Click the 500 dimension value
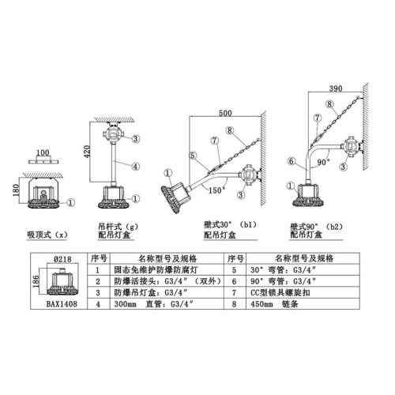pyautogui.click(x=225, y=113)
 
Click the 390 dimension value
pyautogui.click(x=336, y=88)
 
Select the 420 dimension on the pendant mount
pyautogui.click(x=87, y=152)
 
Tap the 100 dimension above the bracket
pyautogui.click(x=43, y=152)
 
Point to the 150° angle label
pyautogui.click(x=217, y=190)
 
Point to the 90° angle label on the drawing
pyautogui.click(x=323, y=162)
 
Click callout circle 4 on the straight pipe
pyautogui.click(x=136, y=167)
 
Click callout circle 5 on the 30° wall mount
pyautogui.click(x=193, y=156)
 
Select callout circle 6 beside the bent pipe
pyautogui.click(x=291, y=161)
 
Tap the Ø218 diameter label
pyautogui.click(x=62, y=259)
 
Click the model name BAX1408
pyautogui.click(x=62, y=304)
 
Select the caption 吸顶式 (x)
pyautogui.click(x=47, y=235)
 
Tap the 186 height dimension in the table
pyautogui.click(x=36, y=281)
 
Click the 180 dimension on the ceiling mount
pyautogui.click(x=16, y=190)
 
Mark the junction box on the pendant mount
pyautogui.click(x=113, y=135)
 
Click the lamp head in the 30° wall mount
pyautogui.click(x=175, y=196)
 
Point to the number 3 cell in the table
pyautogui.click(x=98, y=292)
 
